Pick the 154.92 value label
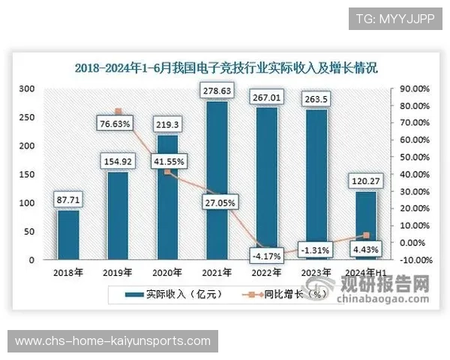pyautogui.click(x=118, y=160)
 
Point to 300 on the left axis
pyautogui.click(x=27, y=88)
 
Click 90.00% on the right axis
pyautogui.click(x=414, y=88)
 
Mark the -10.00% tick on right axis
pyautogui.click(x=414, y=260)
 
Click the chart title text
pyautogui.click(x=226, y=67)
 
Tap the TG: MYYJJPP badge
pyautogui.click(x=395, y=18)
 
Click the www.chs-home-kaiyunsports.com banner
pyautogui.click(x=113, y=341)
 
